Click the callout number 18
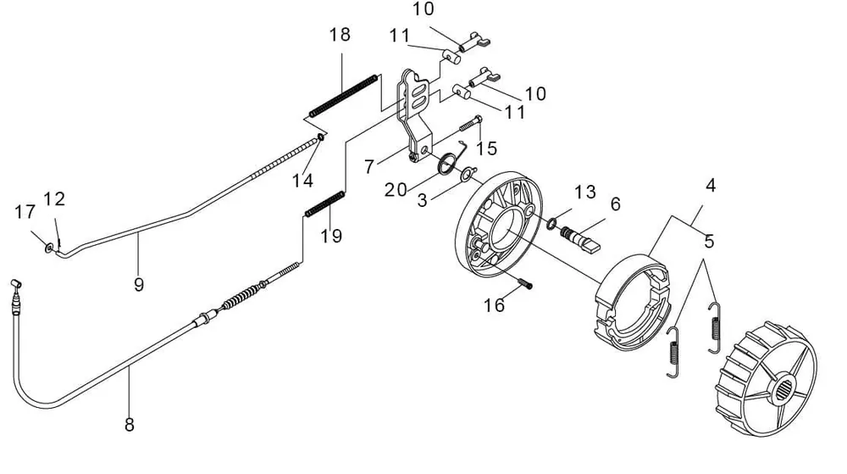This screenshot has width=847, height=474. point(340,35)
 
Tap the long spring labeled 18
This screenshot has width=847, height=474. point(343,96)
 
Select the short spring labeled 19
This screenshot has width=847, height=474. point(324,204)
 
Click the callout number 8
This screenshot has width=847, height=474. point(130,425)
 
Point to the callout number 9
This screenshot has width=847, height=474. point(139,285)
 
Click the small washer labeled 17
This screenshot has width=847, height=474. point(49,248)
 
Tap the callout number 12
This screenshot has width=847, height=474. point(54,199)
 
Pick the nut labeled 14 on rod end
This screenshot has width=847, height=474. point(320,137)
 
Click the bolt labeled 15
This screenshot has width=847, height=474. point(471,124)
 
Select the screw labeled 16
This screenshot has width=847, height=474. point(524,283)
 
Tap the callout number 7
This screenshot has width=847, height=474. point(369,166)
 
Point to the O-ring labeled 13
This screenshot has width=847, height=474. point(551,223)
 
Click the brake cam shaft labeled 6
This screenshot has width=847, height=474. point(580,238)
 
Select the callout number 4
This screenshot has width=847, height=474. point(711,186)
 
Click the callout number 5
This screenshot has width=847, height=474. point(709,241)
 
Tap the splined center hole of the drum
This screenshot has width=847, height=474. point(783,388)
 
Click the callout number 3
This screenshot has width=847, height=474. point(423,200)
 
